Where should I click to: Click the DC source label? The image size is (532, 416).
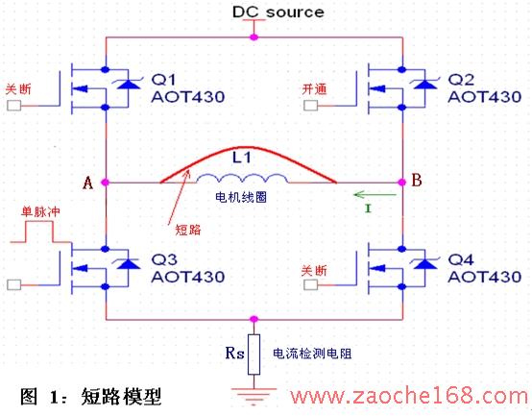[x=278, y=12]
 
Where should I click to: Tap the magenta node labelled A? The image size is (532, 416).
[x=106, y=183]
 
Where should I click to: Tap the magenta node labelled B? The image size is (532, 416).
[x=402, y=183]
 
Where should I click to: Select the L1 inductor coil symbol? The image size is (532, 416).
[x=242, y=179]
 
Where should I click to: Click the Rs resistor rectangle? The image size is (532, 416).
[x=254, y=355]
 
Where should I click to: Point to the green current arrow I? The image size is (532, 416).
[x=375, y=195]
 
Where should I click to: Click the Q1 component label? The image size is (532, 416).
[x=163, y=80]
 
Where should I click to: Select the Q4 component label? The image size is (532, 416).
[x=460, y=259]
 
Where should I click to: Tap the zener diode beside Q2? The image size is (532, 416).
[x=425, y=84]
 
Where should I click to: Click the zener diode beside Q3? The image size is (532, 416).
[x=129, y=262]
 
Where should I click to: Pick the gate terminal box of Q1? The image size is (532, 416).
[x=13, y=106]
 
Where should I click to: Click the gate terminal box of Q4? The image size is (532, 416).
[x=310, y=284]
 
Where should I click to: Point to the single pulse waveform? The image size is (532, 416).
[x=40, y=232]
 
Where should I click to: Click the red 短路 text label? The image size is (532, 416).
[x=188, y=230]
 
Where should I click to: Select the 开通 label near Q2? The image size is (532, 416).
[x=315, y=89]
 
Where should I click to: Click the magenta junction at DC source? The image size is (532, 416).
[x=254, y=37]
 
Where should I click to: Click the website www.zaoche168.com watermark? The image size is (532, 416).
[x=408, y=396]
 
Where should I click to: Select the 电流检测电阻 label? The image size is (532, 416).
[x=312, y=354]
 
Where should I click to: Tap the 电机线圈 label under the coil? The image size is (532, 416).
[x=241, y=197]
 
